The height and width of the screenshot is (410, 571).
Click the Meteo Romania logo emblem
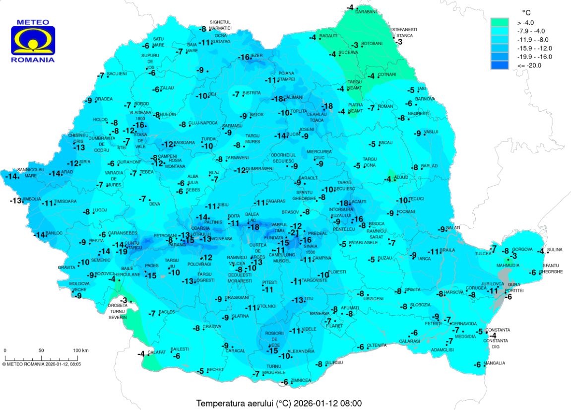33,40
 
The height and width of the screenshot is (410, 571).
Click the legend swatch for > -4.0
500,22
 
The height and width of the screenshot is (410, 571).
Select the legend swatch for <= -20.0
500,65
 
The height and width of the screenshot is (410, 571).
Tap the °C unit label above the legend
527,11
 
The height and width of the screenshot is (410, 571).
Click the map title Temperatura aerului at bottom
281,403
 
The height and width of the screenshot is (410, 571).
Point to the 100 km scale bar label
80,350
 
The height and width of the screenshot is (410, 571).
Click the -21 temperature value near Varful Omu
294,233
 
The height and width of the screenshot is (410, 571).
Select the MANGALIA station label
495,363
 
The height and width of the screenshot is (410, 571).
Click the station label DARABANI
366,11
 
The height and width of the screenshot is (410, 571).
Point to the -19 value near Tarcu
122,252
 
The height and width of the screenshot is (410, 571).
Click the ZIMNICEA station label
301,381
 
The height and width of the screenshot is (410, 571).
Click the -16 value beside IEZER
244,58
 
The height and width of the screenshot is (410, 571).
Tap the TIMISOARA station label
65,202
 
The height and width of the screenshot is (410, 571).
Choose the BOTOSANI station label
372,44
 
